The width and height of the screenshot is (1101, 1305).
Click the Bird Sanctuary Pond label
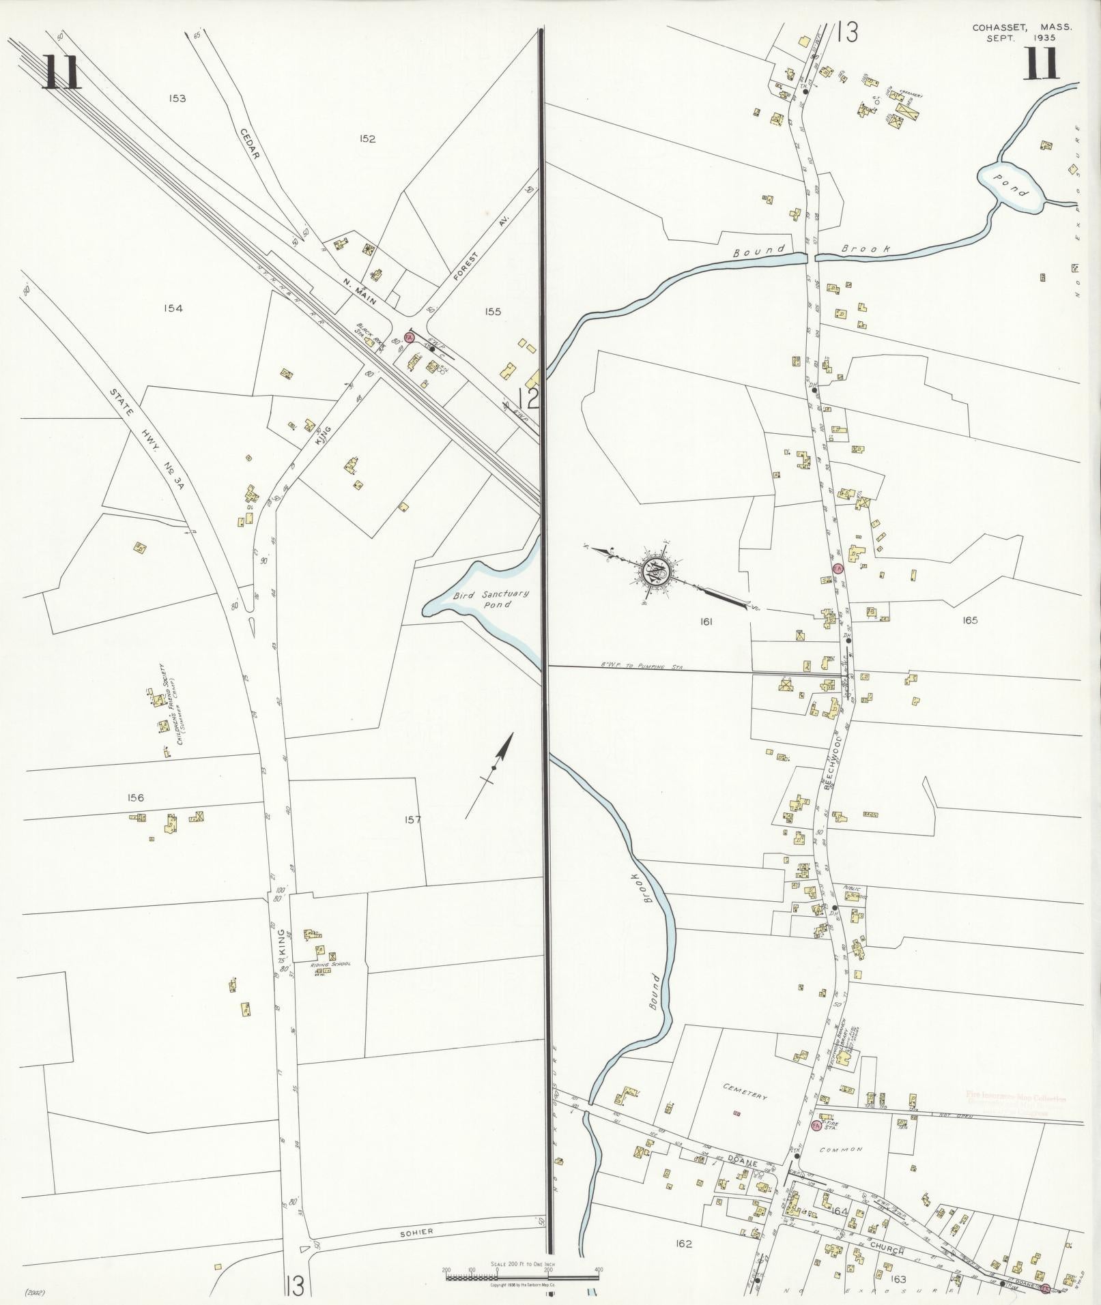point(483,599)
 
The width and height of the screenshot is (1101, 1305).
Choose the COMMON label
point(848,1150)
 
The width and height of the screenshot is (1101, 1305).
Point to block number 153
point(177,98)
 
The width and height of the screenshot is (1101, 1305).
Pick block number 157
point(413,821)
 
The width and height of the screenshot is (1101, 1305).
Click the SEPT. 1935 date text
point(1020,38)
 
